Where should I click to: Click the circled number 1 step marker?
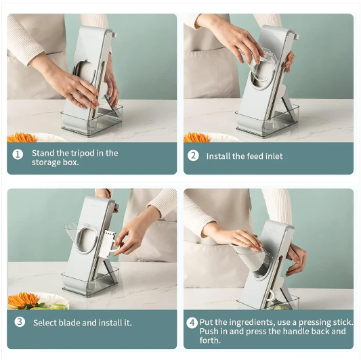17,154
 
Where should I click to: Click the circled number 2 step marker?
193,156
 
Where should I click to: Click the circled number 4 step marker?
192,323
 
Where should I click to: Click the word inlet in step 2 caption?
272,156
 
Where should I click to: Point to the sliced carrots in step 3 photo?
27,298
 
